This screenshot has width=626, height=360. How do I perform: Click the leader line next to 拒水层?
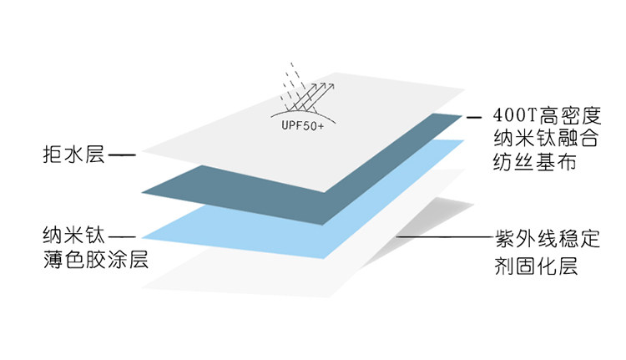click(122, 155)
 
